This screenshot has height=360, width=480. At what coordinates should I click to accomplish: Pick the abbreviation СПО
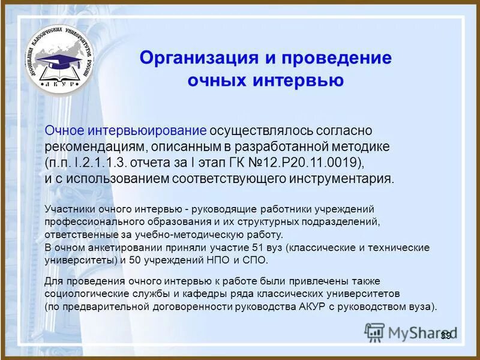257,260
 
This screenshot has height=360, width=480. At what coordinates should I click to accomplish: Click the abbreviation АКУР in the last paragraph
307,306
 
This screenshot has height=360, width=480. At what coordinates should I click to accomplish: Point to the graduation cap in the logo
56,60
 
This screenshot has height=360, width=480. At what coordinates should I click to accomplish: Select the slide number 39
445,335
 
